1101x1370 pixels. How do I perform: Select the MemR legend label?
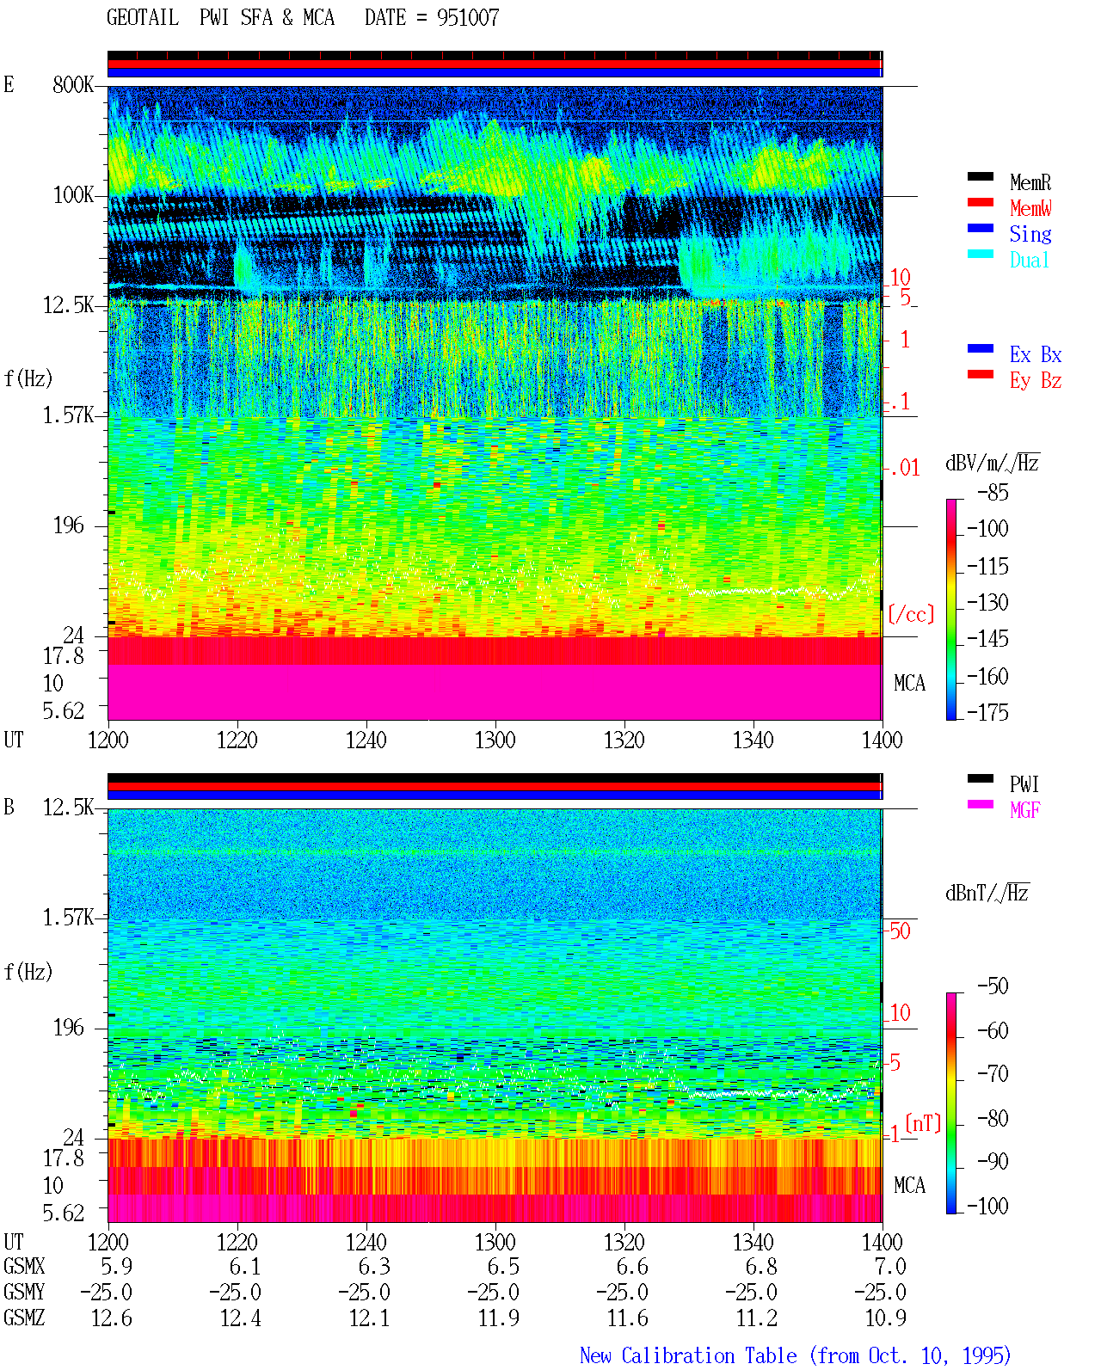coord(1030,182)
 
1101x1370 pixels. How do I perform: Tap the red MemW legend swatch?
coord(980,202)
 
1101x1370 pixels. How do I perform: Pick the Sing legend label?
coord(1030,234)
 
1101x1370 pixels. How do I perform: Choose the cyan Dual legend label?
coord(1030,260)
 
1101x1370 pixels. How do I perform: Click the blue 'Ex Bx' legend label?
coord(1036,354)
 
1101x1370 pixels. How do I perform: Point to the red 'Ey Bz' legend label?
coord(1036,381)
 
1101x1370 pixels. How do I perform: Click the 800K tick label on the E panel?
coord(73,84)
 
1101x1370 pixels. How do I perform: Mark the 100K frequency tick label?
coord(73,195)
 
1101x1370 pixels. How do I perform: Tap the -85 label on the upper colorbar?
coord(993,493)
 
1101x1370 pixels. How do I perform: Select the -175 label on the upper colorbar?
coord(987,712)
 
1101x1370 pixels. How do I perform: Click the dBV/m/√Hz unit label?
coord(992,463)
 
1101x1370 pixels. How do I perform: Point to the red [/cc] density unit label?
coord(911,614)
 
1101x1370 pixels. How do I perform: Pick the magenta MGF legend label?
coord(1025,810)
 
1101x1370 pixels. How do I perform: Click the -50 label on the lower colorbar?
coord(993,986)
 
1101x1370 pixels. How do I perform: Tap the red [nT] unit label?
coord(923,1123)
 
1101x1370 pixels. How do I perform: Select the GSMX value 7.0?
coord(890,1266)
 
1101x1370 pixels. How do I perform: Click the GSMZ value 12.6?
coord(112,1318)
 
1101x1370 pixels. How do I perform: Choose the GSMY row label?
coord(24,1292)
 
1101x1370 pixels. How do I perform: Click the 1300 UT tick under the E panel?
coord(495,740)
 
